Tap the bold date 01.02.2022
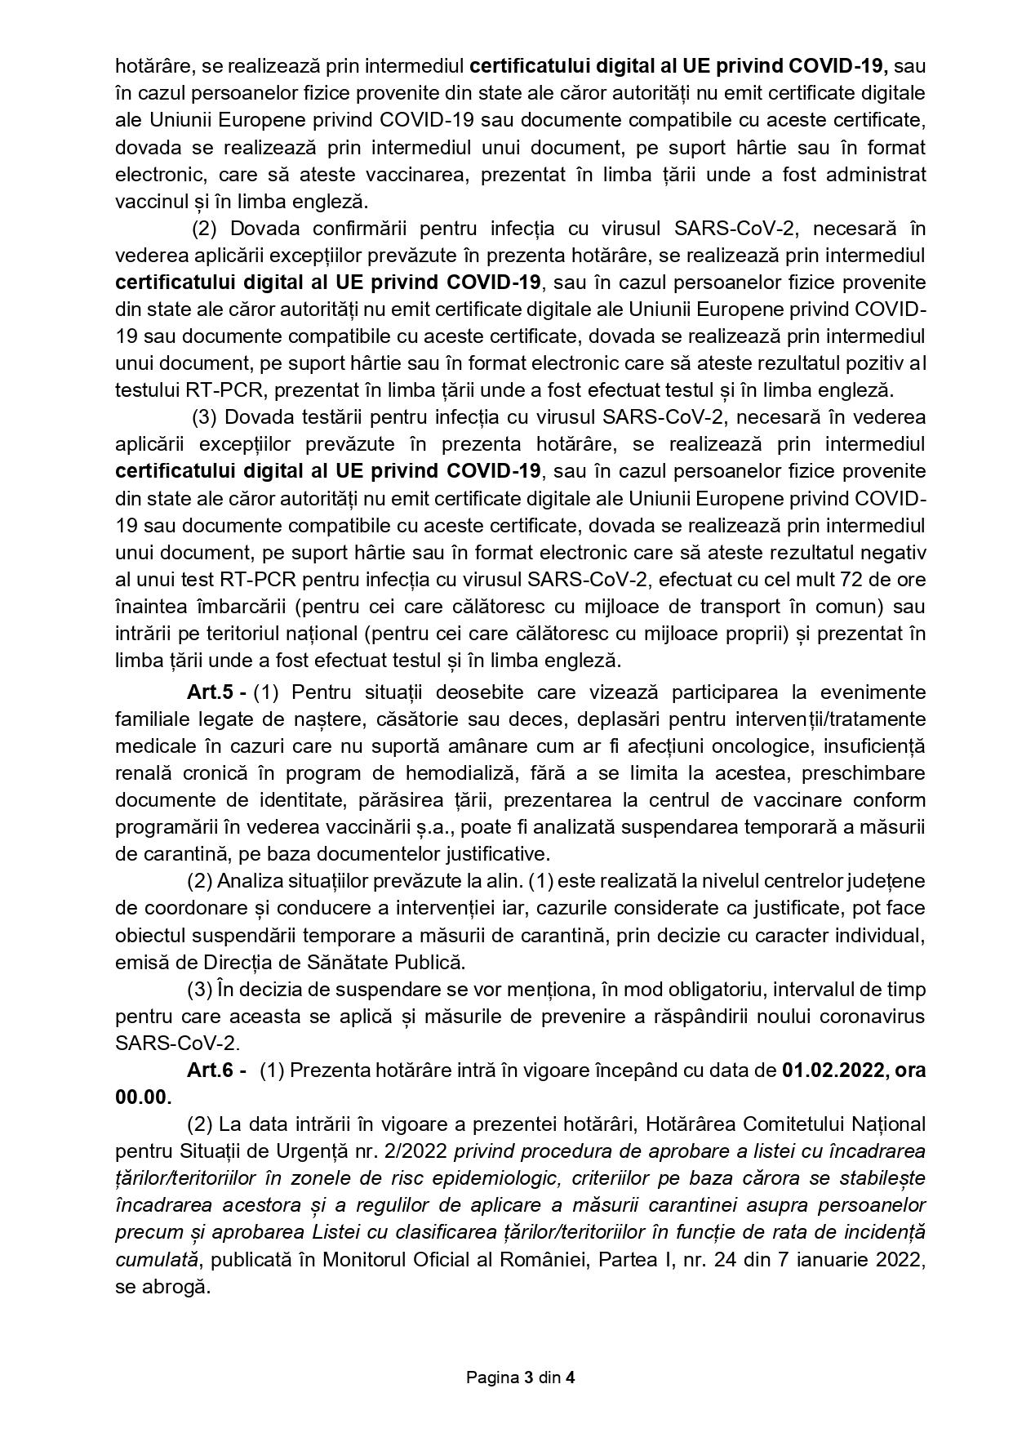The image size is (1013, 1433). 831,1070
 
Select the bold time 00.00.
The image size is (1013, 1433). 143,1097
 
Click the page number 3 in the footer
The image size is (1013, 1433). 528,1378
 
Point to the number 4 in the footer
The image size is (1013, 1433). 571,1378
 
